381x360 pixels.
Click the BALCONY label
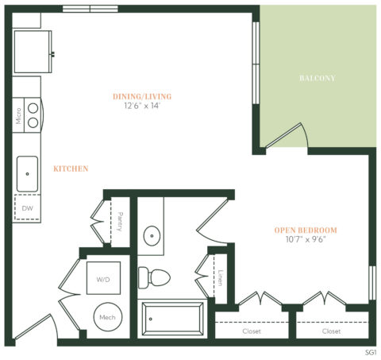click(x=317, y=79)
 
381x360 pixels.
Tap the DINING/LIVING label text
click(x=143, y=97)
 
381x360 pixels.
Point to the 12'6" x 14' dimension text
click(x=143, y=106)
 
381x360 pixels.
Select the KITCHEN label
click(x=71, y=168)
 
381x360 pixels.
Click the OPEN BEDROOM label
click(x=306, y=230)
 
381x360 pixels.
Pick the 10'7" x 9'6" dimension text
click(x=306, y=239)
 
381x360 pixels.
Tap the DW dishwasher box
click(x=28, y=208)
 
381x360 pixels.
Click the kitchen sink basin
click(x=29, y=170)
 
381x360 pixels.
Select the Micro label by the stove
click(x=17, y=117)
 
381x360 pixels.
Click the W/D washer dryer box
click(x=103, y=279)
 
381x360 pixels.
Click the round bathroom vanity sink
click(x=152, y=236)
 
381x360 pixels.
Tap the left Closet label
click(x=252, y=331)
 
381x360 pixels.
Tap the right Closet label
click(x=332, y=331)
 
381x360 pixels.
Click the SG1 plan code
click(x=370, y=350)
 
